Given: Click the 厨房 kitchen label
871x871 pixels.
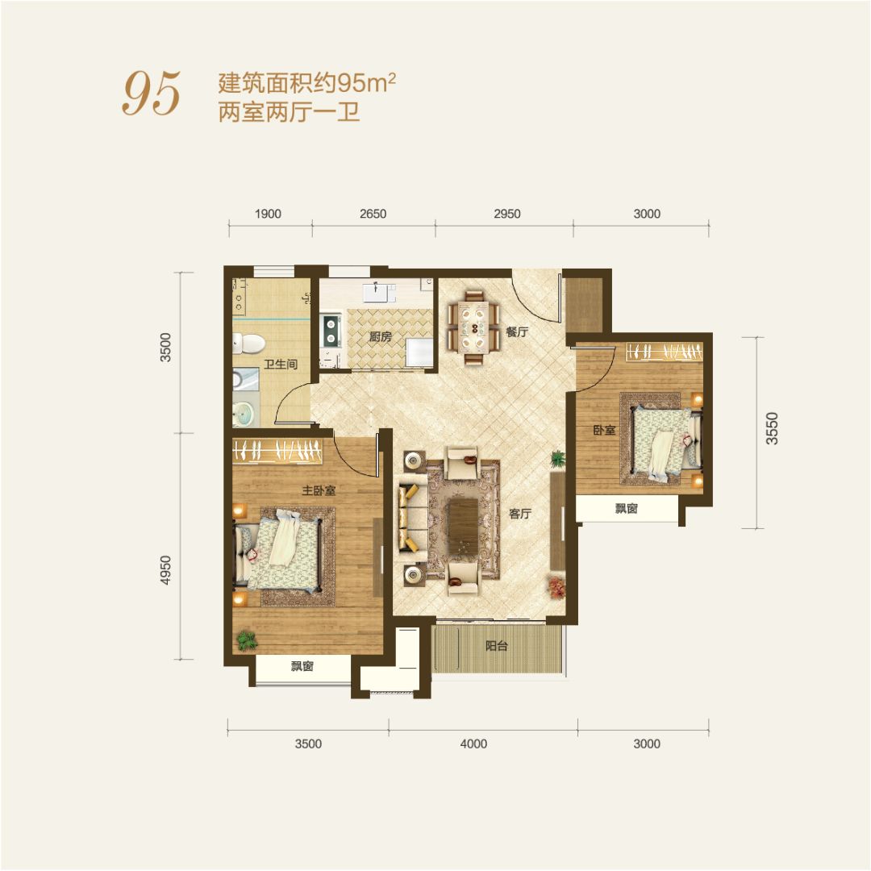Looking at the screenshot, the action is coord(381,336).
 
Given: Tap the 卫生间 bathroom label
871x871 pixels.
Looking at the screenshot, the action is coord(281,365).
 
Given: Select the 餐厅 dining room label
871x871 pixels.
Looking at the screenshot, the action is coord(517,331).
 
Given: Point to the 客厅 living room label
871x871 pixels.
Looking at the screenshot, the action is coord(520,514).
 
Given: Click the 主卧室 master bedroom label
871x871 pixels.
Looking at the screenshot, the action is coord(319,490).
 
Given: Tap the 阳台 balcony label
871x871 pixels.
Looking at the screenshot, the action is coord(497,646).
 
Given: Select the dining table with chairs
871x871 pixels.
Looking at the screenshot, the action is coord(474,327).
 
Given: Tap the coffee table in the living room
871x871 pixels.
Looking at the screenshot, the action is coord(462,526).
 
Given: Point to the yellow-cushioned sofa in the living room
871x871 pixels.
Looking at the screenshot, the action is coord(411,517).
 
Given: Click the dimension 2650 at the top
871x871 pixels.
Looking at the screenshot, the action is coord(373,214).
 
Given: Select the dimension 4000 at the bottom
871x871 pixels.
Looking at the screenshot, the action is coord(474,744).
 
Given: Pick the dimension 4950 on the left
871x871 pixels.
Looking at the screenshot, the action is coord(165,570).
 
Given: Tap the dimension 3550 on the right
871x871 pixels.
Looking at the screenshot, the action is coord(772,428).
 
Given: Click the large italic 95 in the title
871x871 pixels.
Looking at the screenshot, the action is coord(151,94).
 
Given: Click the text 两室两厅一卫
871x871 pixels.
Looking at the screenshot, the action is coord(289,112).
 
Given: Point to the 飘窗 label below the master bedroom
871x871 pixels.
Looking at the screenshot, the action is coord(302,666).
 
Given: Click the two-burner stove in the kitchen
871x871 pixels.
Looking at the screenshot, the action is coord(331,331).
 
